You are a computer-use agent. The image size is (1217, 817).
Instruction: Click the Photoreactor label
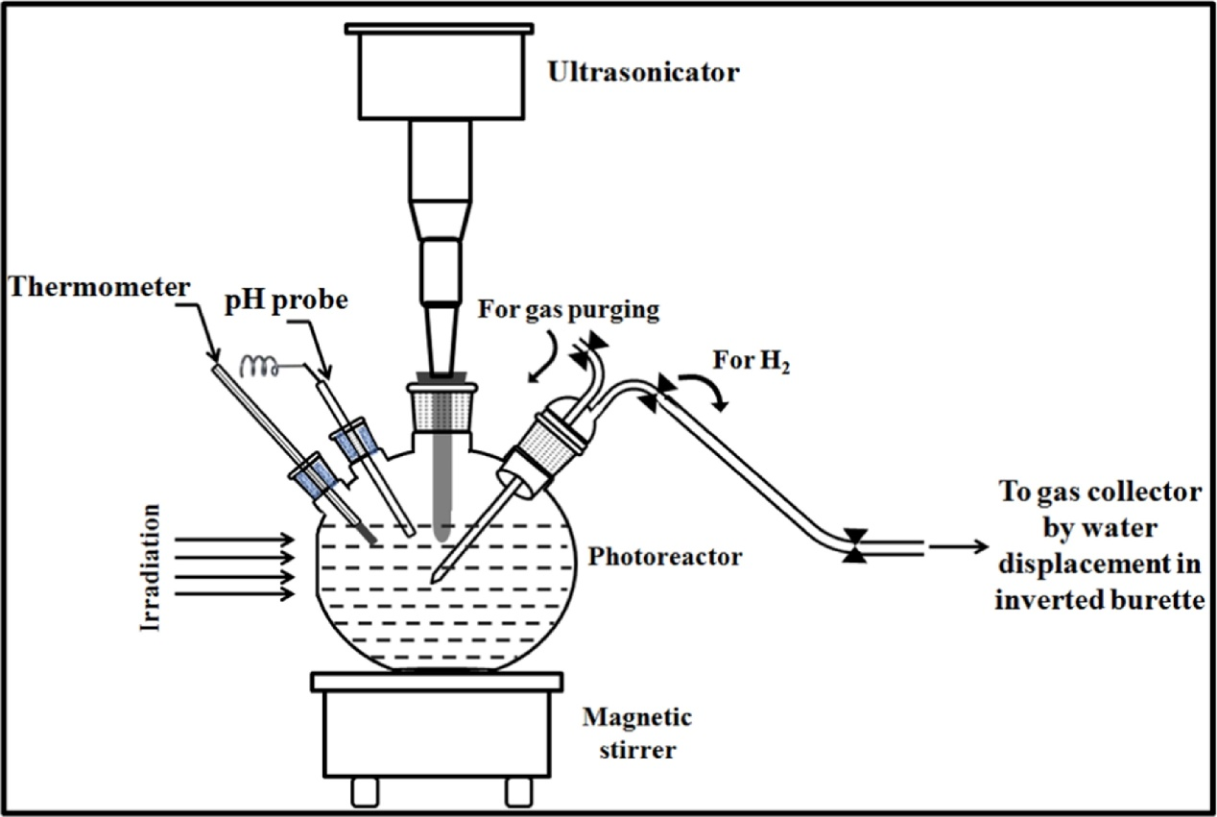pyautogui.click(x=665, y=557)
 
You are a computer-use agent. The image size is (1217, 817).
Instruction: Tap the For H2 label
pyautogui.click(x=752, y=364)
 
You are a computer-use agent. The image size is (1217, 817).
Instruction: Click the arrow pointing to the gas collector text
pyautogui.click(x=958, y=547)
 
